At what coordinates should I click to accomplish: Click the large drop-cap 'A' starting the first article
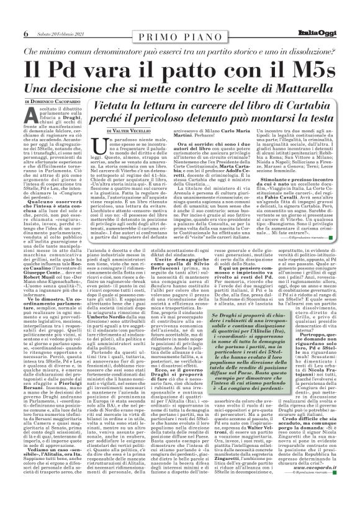tap(31, 118)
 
